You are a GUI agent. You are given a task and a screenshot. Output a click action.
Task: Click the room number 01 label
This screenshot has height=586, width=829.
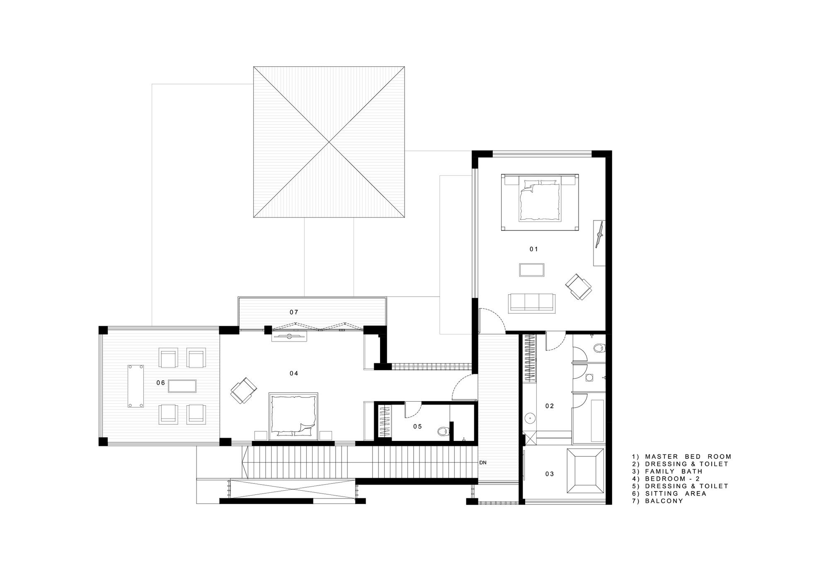point(533,249)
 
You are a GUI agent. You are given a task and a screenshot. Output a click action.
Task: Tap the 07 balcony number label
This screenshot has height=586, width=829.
point(294,312)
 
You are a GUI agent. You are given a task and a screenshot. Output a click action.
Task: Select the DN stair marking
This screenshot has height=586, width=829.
point(482,463)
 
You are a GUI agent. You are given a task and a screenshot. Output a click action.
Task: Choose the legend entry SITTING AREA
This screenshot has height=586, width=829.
point(669,494)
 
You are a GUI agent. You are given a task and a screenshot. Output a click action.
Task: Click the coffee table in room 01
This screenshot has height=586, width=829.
point(531,270)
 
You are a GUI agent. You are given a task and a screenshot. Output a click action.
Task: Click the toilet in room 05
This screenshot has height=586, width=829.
point(443,431)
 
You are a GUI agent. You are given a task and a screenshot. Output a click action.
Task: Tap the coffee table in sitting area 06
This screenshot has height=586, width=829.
point(182,386)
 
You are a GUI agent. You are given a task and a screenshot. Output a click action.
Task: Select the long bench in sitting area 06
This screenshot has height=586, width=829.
point(136,386)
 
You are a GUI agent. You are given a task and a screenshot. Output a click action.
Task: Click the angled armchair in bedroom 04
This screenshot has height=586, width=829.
point(244,390)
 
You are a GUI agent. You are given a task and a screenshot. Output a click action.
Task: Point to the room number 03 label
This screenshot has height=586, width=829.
point(550,474)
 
